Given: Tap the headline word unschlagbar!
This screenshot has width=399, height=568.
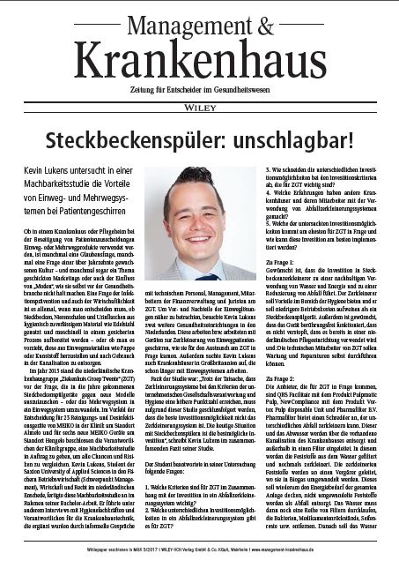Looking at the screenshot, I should point(294,138).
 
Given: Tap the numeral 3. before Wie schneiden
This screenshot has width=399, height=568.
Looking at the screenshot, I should point(270,168).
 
